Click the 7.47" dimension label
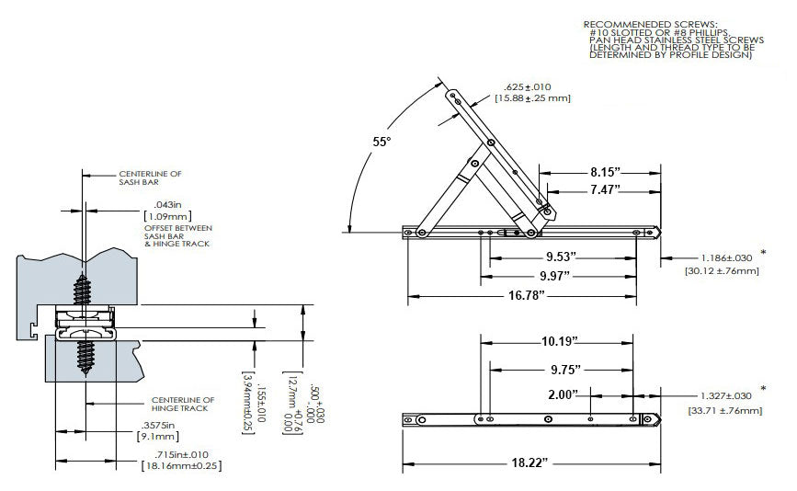click(599, 188)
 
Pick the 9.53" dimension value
click(563, 257)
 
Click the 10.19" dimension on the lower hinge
click(558, 341)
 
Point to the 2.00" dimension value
click(562, 394)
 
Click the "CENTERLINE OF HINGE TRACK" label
click(182, 404)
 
